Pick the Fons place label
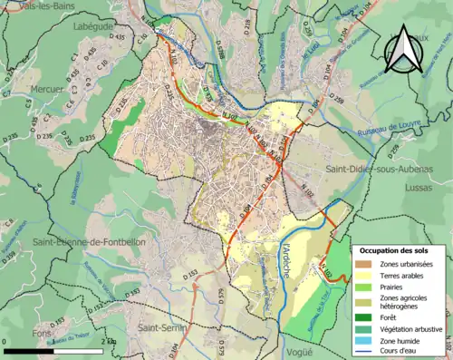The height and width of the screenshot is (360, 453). [x=16, y=333]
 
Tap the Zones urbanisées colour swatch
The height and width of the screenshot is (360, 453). [x=367, y=264]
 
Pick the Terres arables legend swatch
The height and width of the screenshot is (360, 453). [x=367, y=277]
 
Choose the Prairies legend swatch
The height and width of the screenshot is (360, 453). [x=367, y=289]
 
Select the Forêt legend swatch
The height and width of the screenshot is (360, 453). [x=367, y=316]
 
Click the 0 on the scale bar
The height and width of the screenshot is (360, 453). [x=5, y=340]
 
